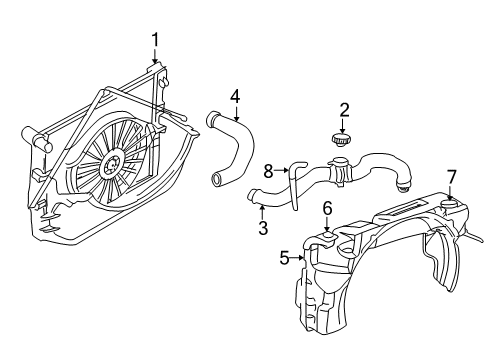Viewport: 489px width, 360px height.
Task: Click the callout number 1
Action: point(155,40)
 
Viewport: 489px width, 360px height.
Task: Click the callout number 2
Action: point(343,109)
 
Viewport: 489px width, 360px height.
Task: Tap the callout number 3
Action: point(263,228)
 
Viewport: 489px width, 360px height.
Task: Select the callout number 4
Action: point(234,96)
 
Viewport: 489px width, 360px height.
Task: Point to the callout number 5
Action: point(283,258)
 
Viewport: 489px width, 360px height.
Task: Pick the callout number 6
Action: point(327,208)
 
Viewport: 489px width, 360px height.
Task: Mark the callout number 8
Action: point(267,171)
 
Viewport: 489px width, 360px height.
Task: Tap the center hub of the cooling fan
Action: point(112,159)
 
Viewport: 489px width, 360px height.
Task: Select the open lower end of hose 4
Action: point(217,181)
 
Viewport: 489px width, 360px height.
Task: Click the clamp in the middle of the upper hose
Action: point(342,171)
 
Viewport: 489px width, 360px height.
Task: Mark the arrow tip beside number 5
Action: point(302,258)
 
